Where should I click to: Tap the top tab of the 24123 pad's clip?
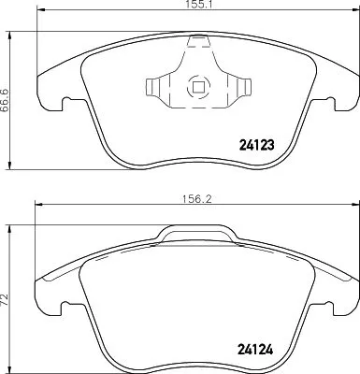click(x=197, y=41)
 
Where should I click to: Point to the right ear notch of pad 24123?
click(x=333, y=100)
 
